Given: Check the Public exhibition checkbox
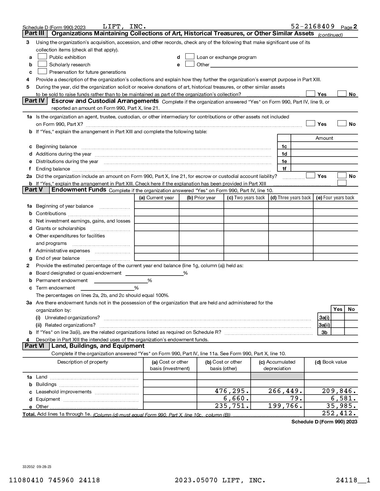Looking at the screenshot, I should pyautogui.click(x=42, y=57).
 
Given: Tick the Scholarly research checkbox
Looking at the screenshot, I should pyautogui.click(x=42, y=64).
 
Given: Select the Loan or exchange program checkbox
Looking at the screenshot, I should pyautogui.click(x=190, y=57).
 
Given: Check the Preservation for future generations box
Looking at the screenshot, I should pyautogui.click(x=42, y=72).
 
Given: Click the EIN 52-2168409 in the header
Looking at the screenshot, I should pyautogui.click(x=313, y=26).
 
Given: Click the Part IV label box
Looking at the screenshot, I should pyautogui.click(x=35, y=101).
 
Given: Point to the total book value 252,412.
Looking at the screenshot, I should pyautogui.click(x=339, y=414).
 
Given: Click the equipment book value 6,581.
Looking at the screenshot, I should pyautogui.click(x=343, y=399).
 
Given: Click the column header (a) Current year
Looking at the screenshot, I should pyautogui.click(x=156, y=198).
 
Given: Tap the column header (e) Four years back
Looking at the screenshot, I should pyautogui.click(x=335, y=198).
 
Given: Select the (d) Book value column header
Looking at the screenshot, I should pyautogui.click(x=331, y=362).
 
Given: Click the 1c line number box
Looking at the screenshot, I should pyautogui.click(x=284, y=147).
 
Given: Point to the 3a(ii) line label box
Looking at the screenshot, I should pyautogui.click(x=324, y=325).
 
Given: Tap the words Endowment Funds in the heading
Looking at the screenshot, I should pyautogui.click(x=79, y=190).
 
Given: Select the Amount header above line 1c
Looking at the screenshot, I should pyautogui.click(x=324, y=138).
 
